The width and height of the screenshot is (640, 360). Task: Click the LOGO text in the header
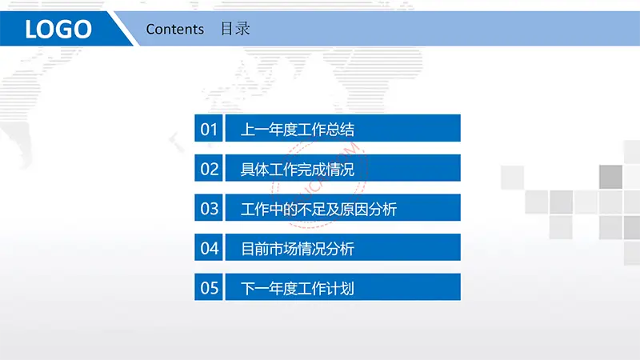tap(58, 29)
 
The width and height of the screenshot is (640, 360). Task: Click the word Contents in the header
tap(174, 29)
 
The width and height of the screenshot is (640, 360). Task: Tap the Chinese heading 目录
tap(235, 29)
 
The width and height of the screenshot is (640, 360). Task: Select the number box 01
tap(209, 128)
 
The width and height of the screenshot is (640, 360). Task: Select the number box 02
tap(209, 168)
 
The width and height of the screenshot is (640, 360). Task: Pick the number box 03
tap(209, 208)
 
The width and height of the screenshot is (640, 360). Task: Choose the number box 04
tap(209, 247)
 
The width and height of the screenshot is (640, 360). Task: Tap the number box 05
tap(209, 287)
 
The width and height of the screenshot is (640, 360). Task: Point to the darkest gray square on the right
tap(610, 177)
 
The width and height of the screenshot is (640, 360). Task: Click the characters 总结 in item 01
tap(340, 130)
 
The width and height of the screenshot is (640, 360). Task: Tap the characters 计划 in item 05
tap(340, 289)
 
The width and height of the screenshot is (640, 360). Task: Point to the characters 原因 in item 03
tap(354, 210)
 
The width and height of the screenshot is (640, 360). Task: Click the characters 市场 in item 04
tap(283, 249)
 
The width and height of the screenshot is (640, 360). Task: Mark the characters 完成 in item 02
tap(312, 170)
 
